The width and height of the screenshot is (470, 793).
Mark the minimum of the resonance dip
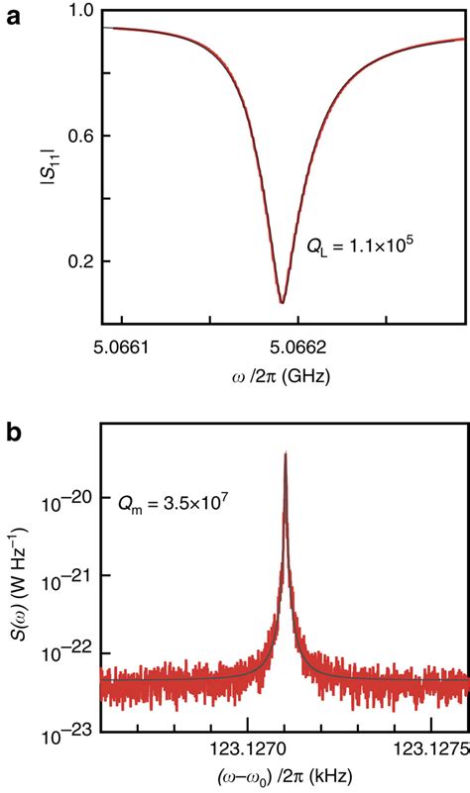[x=282, y=303]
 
